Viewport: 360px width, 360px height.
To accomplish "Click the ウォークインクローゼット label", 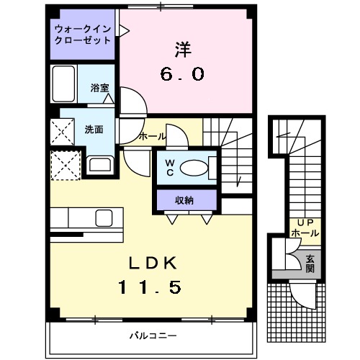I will [x=83, y=35].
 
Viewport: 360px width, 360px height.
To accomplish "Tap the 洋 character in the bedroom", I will [x=183, y=50].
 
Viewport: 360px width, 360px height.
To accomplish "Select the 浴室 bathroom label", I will [x=99, y=87].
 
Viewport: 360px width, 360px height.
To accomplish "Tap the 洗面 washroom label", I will [x=94, y=130].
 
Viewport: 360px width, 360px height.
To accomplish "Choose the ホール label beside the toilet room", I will [x=153, y=136].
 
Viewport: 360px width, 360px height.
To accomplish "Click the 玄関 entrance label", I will [x=310, y=263].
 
